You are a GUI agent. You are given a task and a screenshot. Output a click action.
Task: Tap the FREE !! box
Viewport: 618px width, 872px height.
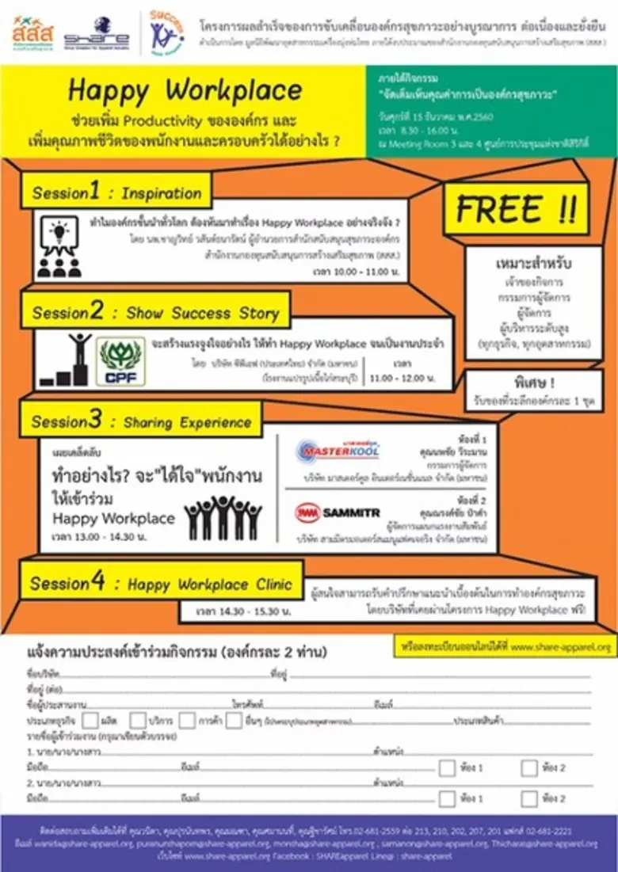click(516, 209)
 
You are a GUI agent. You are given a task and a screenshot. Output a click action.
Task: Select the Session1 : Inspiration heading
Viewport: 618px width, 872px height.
click(116, 193)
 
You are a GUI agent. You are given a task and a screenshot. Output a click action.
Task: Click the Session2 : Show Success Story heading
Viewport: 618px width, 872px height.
click(155, 312)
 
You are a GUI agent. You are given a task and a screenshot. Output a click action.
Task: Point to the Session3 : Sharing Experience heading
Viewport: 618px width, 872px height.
click(140, 421)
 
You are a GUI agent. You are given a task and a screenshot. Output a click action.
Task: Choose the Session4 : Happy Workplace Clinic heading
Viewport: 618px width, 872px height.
click(161, 585)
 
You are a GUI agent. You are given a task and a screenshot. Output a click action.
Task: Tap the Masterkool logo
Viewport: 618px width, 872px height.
click(338, 451)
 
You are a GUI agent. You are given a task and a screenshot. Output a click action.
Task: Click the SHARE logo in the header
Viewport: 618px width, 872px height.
click(97, 32)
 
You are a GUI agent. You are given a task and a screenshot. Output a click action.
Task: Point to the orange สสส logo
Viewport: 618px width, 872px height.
click(33, 32)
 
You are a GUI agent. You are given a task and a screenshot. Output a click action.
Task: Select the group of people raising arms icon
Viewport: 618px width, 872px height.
click(223, 517)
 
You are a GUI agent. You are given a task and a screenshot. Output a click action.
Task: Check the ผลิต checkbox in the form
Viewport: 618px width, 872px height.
click(90, 720)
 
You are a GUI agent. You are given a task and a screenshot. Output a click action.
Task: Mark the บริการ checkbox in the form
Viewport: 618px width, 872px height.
click(138, 720)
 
